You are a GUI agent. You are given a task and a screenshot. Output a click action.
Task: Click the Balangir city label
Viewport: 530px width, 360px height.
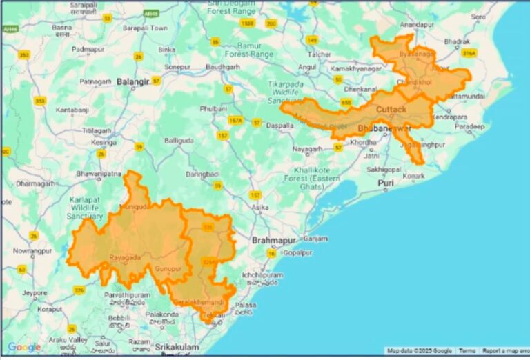click(x=132, y=81)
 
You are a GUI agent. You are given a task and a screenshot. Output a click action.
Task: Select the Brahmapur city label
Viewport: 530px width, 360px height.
click(x=274, y=240)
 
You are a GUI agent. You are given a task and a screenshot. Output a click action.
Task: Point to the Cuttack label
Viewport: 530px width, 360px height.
click(x=391, y=110)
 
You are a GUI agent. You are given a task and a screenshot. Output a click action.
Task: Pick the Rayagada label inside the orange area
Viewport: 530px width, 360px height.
click(x=125, y=258)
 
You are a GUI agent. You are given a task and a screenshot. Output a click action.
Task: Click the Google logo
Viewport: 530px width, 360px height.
click(x=24, y=347)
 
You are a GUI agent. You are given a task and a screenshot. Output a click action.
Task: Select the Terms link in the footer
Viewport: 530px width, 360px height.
click(x=467, y=351)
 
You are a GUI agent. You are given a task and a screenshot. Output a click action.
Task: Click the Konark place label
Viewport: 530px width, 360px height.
click(x=414, y=176)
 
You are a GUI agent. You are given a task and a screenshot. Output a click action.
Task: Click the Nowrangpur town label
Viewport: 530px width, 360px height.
click(x=32, y=251)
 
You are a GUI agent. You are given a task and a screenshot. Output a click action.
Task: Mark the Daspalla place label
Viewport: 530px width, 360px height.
click(x=279, y=126)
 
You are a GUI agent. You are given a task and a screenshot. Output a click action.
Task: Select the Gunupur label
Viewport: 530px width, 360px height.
click(x=168, y=268)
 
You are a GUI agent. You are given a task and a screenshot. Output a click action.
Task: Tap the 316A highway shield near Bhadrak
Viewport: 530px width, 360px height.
click(x=470, y=52)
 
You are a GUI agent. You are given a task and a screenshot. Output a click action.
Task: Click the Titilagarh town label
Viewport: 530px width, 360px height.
click(x=97, y=130)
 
